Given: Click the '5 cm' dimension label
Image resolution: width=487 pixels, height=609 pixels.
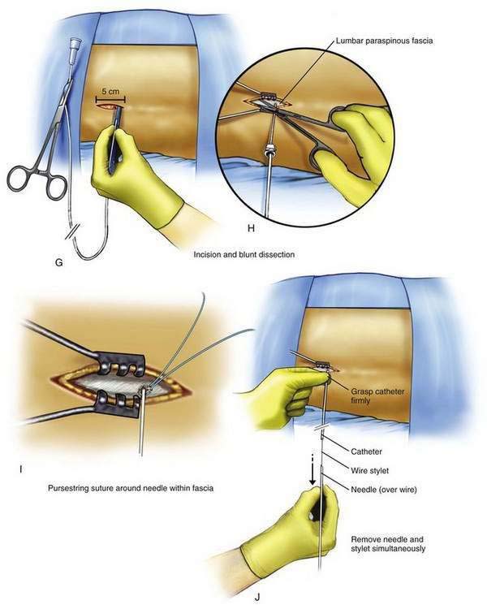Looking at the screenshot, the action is [x=110, y=92].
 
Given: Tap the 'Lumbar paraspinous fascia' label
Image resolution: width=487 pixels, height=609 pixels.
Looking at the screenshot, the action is [x=384, y=41].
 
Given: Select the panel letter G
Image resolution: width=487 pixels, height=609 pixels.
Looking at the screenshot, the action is [x=59, y=262].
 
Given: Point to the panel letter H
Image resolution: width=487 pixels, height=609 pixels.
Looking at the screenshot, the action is [x=252, y=228].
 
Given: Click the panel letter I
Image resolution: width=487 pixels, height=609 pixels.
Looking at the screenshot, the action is [x=20, y=469].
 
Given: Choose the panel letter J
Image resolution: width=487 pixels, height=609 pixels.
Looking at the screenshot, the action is [x=257, y=598].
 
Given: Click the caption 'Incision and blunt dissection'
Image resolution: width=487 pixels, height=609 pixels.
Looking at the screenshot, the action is [x=243, y=254].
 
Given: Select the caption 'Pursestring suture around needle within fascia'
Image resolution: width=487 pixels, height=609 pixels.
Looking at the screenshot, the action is [x=131, y=488].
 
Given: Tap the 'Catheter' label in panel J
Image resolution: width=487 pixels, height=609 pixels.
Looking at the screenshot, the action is [x=366, y=451].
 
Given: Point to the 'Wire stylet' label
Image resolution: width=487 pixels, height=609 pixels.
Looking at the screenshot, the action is [x=370, y=470].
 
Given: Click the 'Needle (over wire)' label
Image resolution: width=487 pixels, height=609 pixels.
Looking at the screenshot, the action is [x=384, y=490].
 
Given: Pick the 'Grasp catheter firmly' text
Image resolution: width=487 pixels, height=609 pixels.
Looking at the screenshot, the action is [x=377, y=395].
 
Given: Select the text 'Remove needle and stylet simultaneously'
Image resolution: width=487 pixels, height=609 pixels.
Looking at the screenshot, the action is [x=388, y=544].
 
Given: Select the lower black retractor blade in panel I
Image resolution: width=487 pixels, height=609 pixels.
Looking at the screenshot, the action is [x=119, y=404].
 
